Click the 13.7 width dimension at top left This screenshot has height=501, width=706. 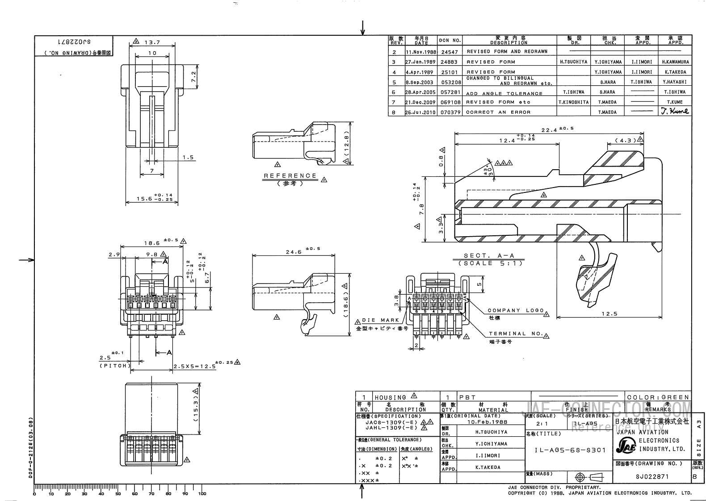[x=152, y=43]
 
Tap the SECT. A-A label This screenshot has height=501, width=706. [x=489, y=256]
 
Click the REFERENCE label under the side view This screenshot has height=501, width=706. [x=290, y=176]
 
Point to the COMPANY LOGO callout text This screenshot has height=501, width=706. [x=516, y=310]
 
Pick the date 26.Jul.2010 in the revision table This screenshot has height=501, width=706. [x=421, y=113]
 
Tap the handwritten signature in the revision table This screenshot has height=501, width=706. [x=675, y=111]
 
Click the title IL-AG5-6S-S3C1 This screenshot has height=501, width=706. [x=570, y=450]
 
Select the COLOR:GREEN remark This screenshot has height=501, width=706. [x=658, y=397]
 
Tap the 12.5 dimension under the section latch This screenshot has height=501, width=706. [x=609, y=313]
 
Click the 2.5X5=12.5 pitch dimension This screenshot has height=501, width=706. [x=195, y=366]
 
